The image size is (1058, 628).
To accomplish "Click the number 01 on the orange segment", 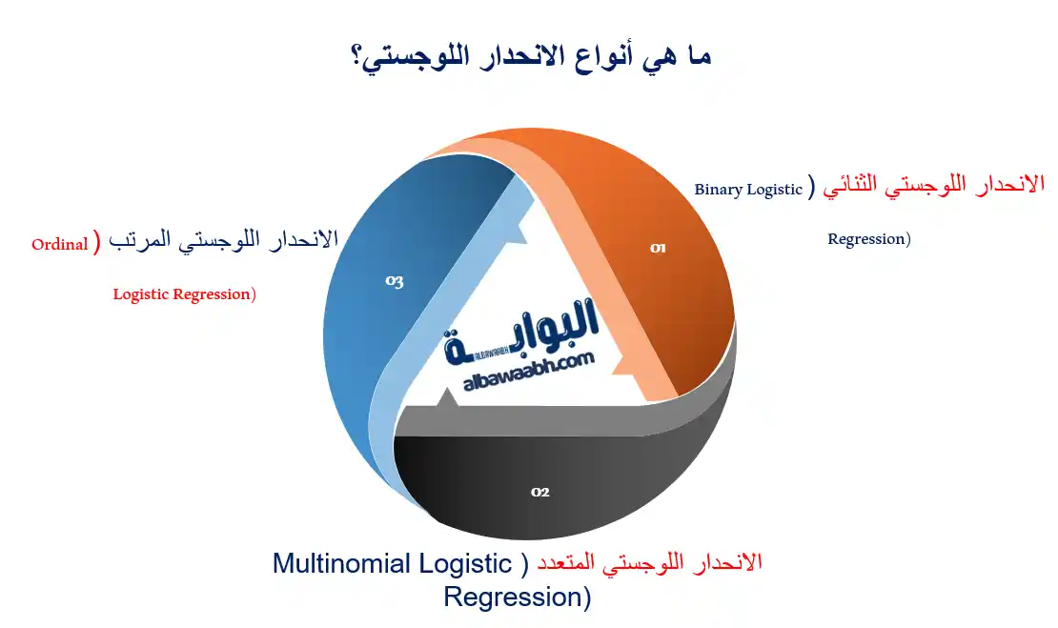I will (x=658, y=248).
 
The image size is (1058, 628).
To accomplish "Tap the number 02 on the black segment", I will (x=540, y=492).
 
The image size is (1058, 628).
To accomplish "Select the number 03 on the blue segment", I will (x=395, y=281).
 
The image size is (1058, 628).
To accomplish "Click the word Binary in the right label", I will (x=719, y=190).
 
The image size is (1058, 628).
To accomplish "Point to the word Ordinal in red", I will (x=59, y=245).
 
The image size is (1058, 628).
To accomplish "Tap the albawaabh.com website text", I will (x=529, y=372).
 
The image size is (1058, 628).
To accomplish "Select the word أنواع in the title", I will (x=577, y=55).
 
